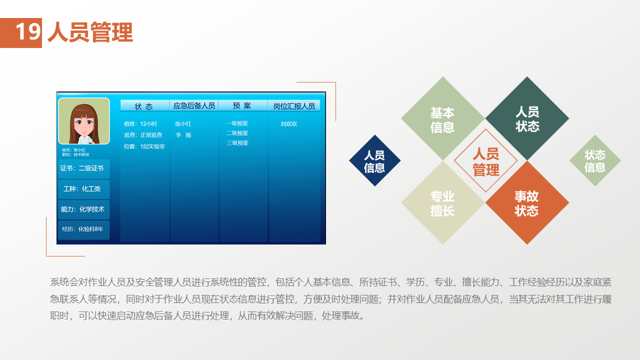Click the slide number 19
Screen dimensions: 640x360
point(28,31)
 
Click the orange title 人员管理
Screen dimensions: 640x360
point(90,32)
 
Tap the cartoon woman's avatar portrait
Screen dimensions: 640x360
point(84,121)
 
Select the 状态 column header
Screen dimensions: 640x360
point(144,105)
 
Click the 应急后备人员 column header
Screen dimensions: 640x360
point(194,105)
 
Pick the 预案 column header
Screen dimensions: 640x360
point(243,105)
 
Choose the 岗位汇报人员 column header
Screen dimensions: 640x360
point(294,105)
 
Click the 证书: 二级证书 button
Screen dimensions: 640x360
point(83,168)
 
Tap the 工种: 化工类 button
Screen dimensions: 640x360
point(83,189)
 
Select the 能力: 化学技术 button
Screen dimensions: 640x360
point(83,209)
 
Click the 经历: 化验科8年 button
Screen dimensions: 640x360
point(83,229)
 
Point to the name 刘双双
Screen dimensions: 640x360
point(288,124)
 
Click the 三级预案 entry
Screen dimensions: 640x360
point(237,143)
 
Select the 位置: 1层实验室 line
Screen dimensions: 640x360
point(144,146)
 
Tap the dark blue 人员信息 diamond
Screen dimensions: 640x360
point(374,160)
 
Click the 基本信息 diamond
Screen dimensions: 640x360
point(442,118)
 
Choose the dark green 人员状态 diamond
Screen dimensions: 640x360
point(527,118)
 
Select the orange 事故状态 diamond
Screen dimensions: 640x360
point(527,202)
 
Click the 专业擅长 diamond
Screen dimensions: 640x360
point(443,202)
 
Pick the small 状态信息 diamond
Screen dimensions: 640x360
point(595,160)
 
